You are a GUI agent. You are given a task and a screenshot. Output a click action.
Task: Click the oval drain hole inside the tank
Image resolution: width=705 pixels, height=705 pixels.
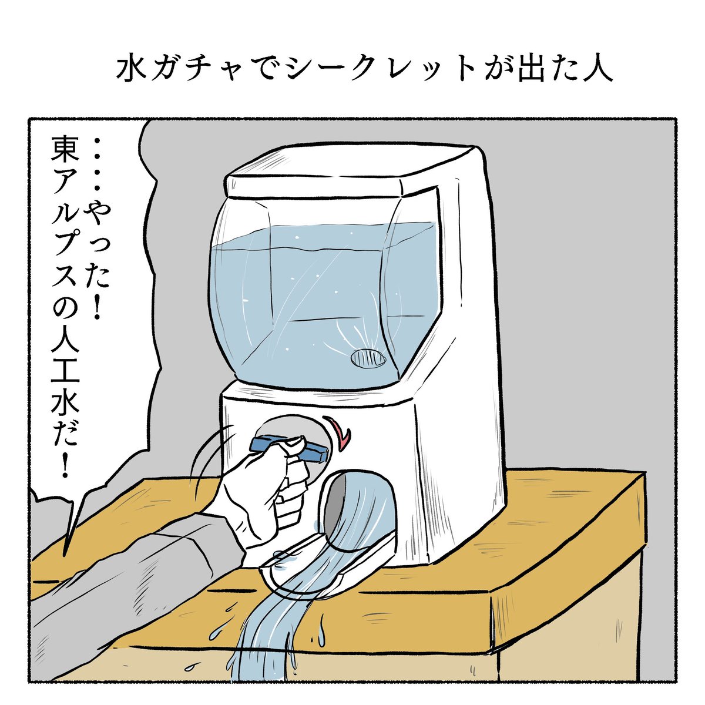368,358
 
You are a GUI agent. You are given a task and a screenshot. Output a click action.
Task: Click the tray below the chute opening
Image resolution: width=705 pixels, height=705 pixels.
329,564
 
